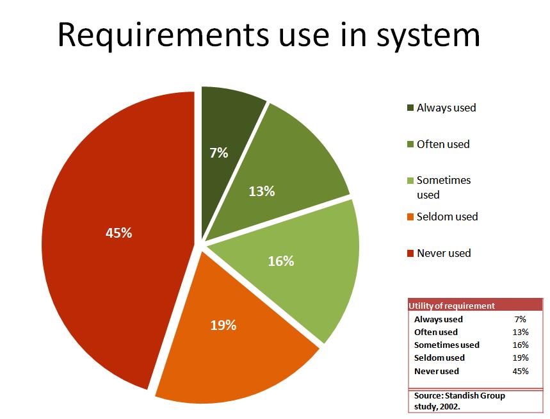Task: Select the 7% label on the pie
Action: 219,152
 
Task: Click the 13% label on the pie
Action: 262,191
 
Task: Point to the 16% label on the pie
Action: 281,261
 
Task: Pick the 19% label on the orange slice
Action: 223,325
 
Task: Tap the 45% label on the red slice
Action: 118,233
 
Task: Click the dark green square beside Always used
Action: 410,108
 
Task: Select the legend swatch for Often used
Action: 410,144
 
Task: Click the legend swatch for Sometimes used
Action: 410,181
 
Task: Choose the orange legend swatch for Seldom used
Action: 410,217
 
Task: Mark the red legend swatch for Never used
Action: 410,253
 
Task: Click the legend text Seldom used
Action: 448,217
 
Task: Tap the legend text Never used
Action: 444,253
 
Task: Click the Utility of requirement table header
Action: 451,306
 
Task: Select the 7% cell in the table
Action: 520,319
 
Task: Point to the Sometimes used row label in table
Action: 446,345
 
